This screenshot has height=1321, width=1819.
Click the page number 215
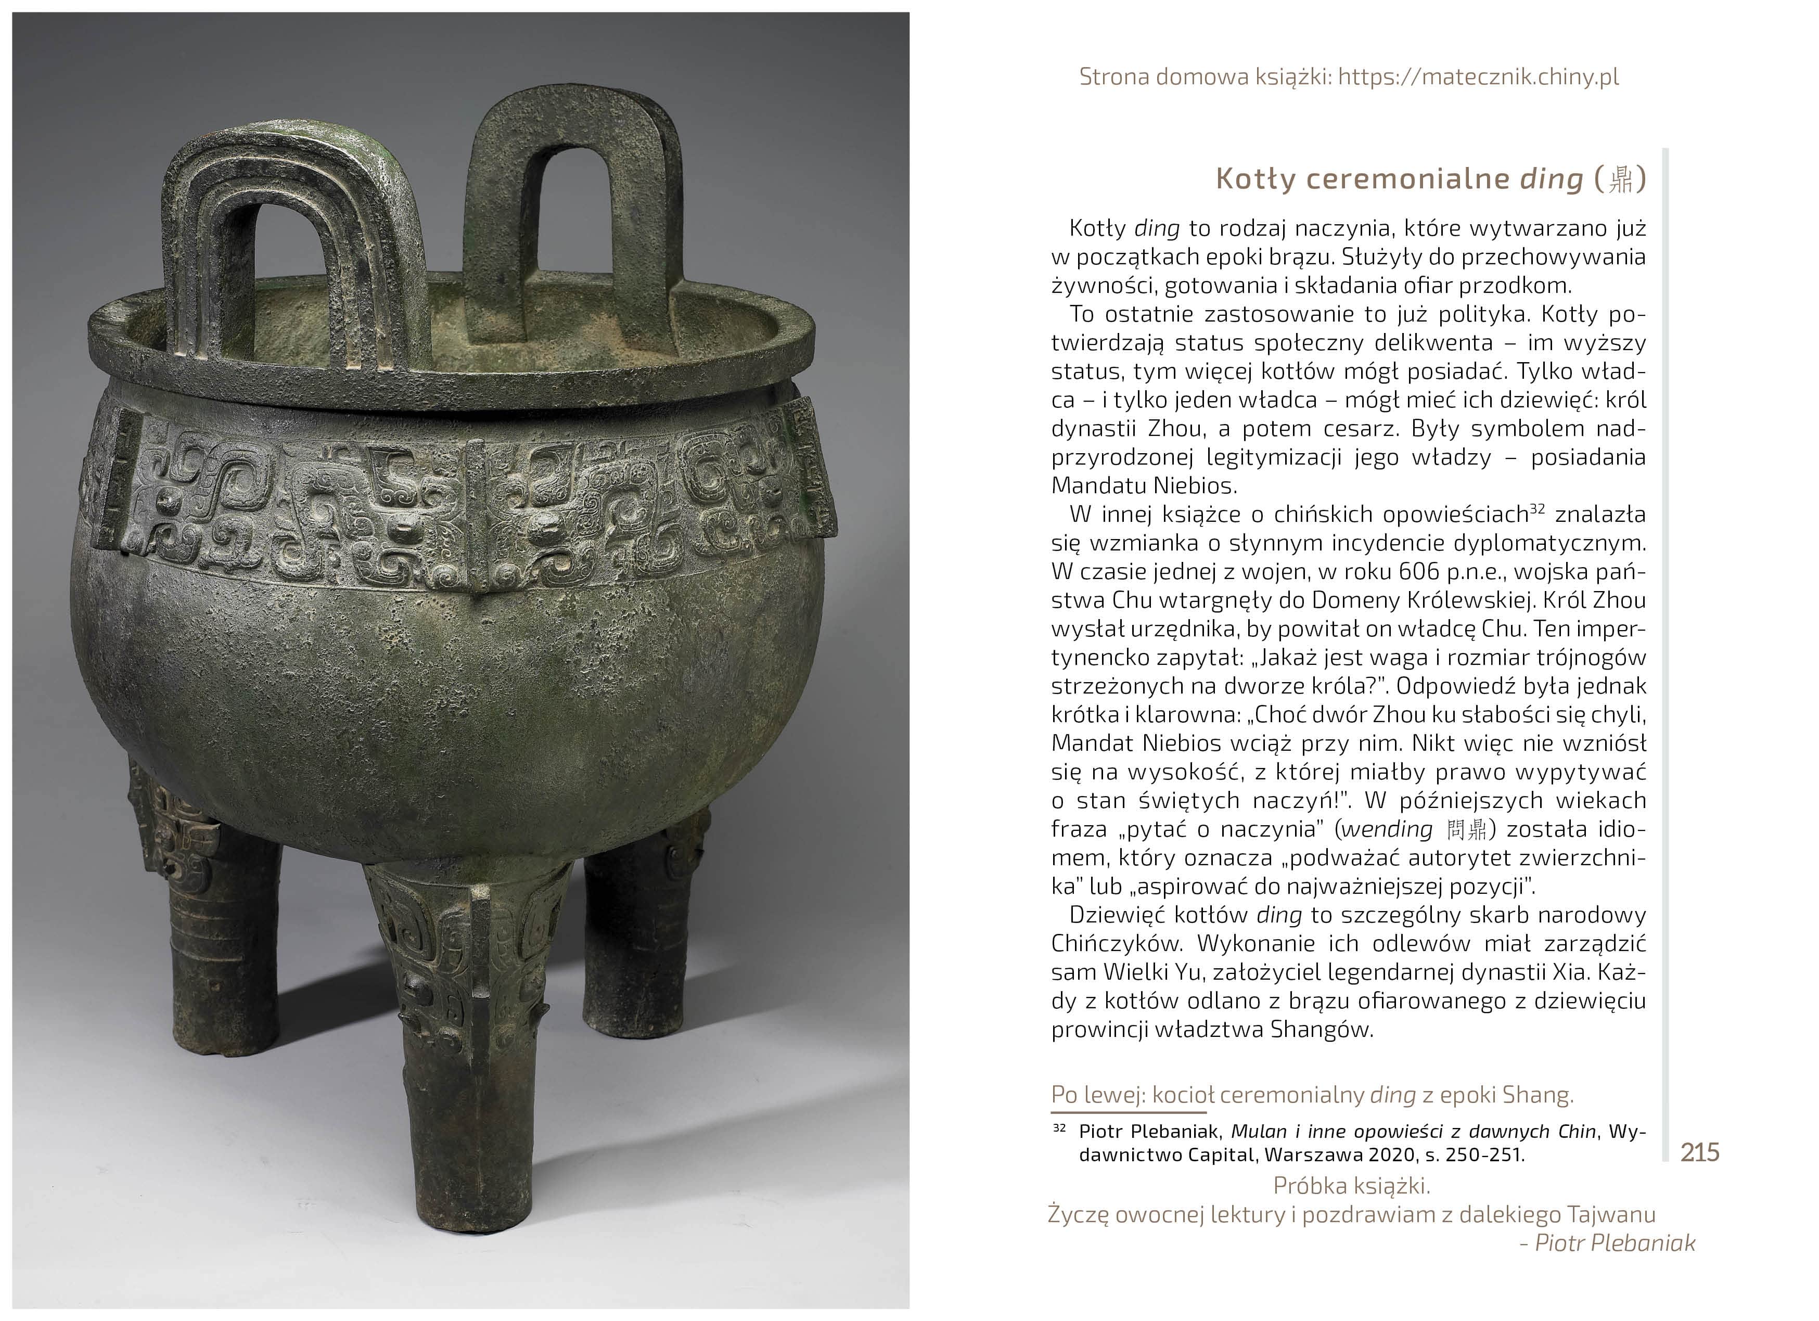1699,1152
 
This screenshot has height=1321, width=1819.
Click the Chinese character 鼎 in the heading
1622,179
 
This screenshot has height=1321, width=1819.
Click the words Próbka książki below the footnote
1351,1185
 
